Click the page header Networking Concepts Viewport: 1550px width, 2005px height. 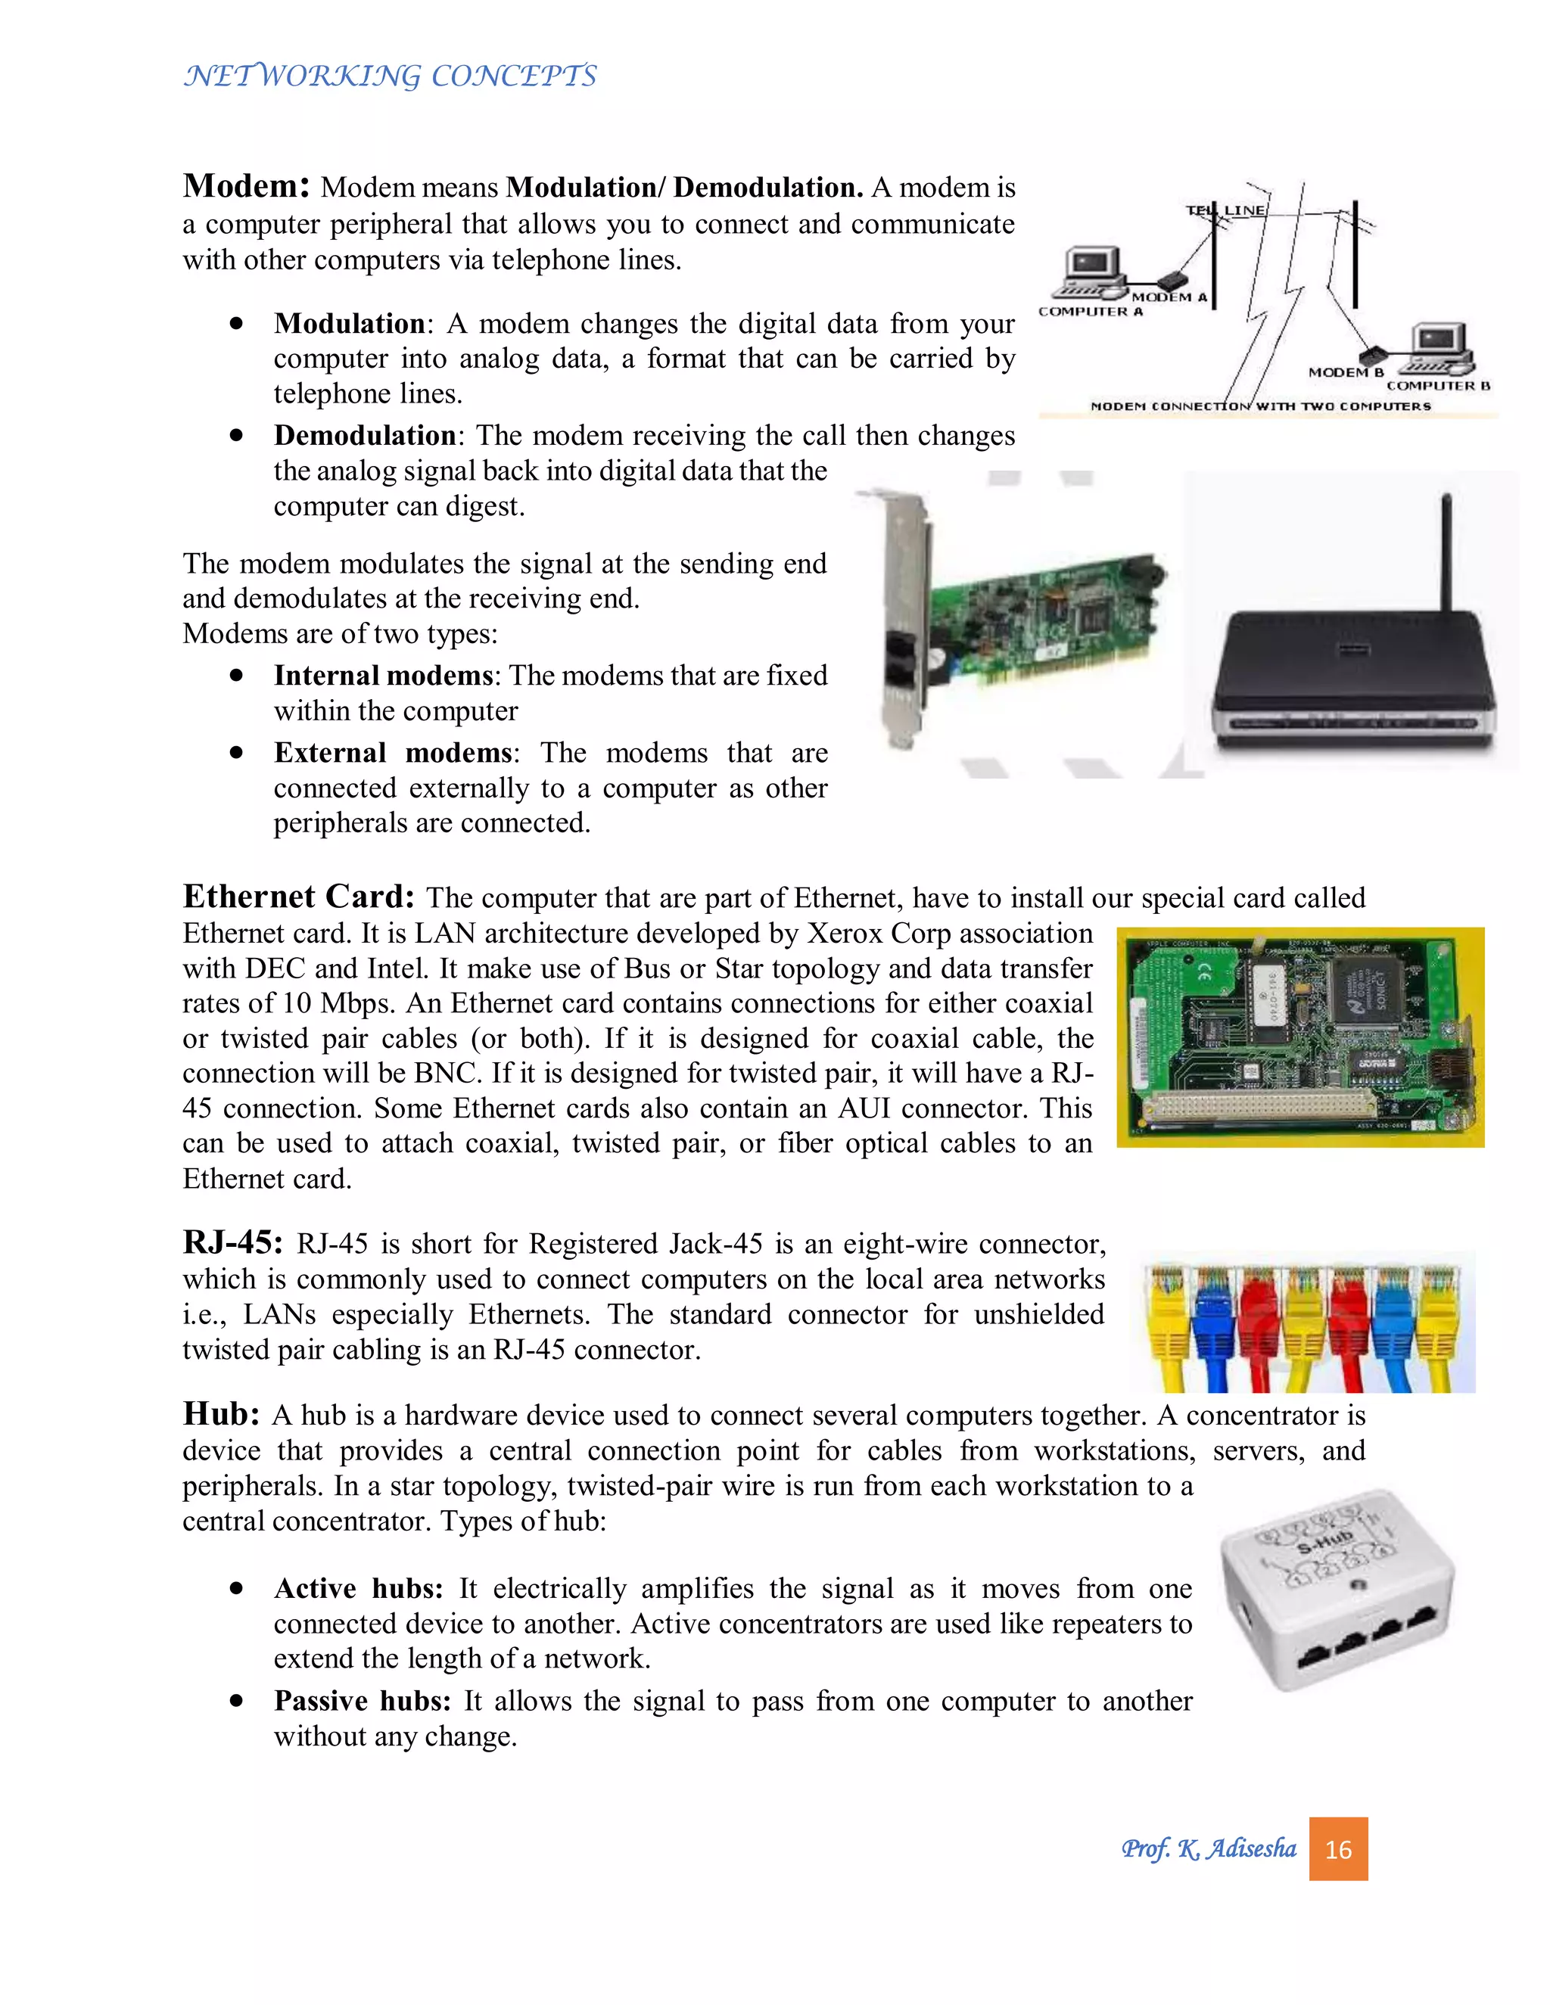pos(391,75)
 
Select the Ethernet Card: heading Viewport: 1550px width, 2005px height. pos(298,896)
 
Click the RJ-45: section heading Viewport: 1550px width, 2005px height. pos(232,1242)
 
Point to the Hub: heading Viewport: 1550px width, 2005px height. pos(221,1414)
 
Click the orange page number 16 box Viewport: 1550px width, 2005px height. pos(1338,1849)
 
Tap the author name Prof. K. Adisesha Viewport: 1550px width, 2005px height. pos(1209,1849)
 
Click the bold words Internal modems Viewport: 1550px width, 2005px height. pos(383,676)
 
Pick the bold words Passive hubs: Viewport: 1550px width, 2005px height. pos(362,1701)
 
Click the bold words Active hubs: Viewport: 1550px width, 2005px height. pos(358,1588)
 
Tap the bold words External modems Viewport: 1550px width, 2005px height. pos(392,753)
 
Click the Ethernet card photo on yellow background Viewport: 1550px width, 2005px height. pos(1299,1037)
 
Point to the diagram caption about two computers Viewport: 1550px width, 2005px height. pos(1260,406)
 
